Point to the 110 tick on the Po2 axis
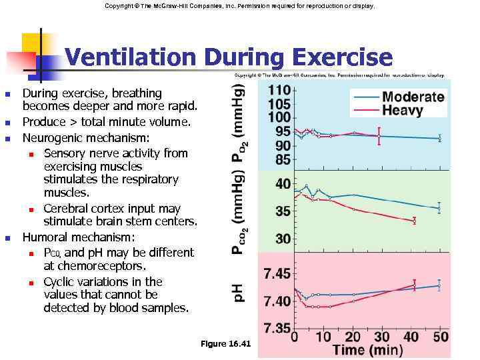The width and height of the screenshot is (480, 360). (x=279, y=90)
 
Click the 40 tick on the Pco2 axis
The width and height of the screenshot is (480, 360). (x=282, y=183)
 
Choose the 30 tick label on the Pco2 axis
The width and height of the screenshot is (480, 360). (x=282, y=239)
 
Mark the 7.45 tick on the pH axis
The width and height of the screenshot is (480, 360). (x=277, y=273)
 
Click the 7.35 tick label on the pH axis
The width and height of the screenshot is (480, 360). (x=277, y=327)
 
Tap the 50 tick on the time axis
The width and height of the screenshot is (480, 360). (x=440, y=337)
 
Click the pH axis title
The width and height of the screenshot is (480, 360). (x=238, y=291)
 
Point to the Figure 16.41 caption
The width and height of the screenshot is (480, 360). (x=225, y=343)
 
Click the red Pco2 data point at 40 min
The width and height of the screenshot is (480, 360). (x=415, y=220)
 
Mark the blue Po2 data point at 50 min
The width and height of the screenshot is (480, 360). (x=439, y=139)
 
